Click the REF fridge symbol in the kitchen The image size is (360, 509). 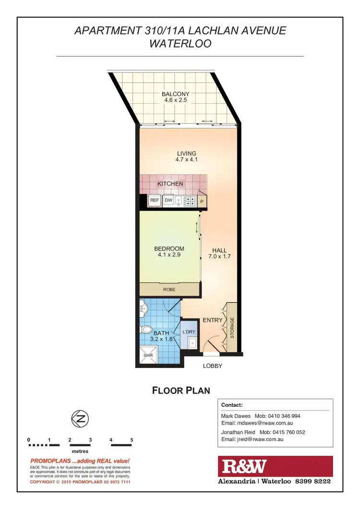[155, 201]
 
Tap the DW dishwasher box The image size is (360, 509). [168, 201]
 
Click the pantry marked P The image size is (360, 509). [202, 202]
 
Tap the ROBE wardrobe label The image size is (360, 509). [169, 290]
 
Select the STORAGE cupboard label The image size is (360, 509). [232, 328]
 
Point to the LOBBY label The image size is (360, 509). [212, 366]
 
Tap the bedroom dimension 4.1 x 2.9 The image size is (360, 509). [169, 255]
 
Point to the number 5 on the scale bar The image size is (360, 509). [131, 440]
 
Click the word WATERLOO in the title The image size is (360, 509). [180, 44]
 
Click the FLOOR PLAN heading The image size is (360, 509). [181, 390]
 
